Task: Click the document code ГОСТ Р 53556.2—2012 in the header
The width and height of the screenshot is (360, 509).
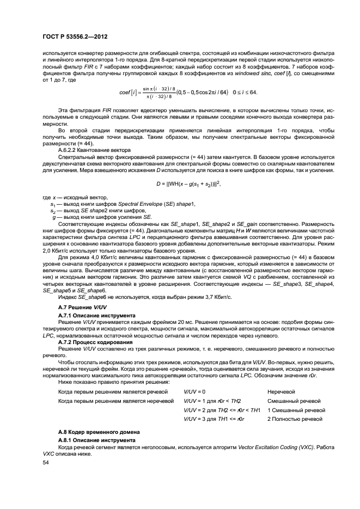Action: click(75, 36)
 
